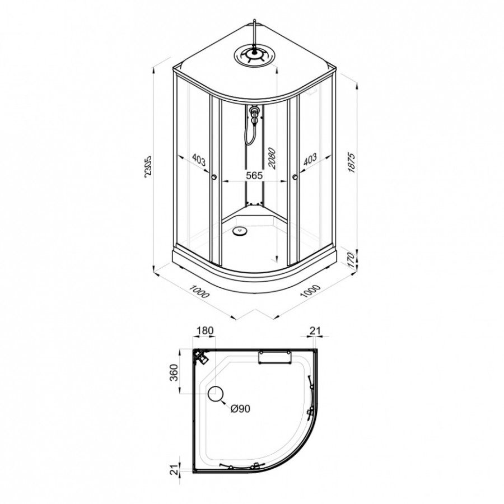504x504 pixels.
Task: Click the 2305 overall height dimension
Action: pos(148,166)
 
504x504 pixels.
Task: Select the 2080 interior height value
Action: pos(272,158)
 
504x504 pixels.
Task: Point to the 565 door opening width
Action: pos(255,175)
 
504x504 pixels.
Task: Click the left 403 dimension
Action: pos(198,160)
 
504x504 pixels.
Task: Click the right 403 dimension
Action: pos(310,159)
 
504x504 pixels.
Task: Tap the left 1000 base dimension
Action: pos(199,291)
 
